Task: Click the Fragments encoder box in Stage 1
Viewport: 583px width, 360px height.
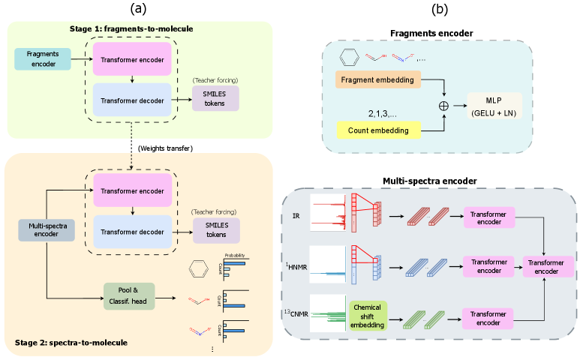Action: pyautogui.click(x=42, y=58)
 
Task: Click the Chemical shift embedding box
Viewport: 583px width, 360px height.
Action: pyautogui.click(x=368, y=313)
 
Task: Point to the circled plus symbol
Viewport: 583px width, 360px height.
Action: pyautogui.click(x=443, y=106)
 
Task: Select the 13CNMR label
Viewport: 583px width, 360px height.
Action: pyautogui.click(x=294, y=307)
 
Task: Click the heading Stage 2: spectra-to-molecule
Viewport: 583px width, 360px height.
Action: pyautogui.click(x=71, y=343)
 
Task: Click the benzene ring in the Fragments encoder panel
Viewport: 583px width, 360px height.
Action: pyautogui.click(x=346, y=57)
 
